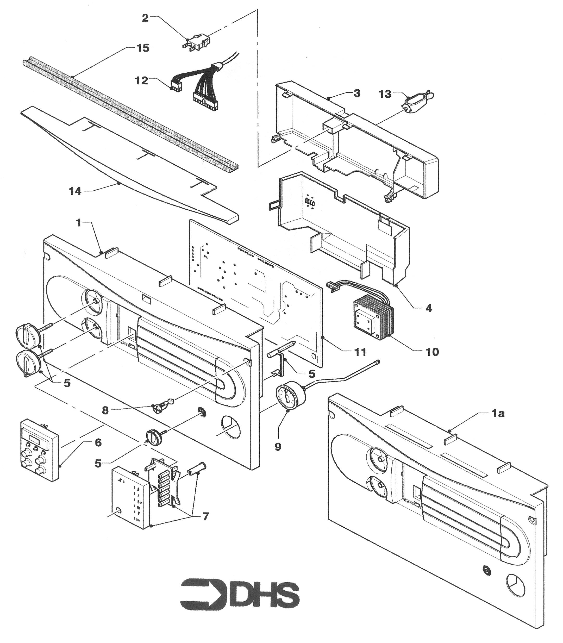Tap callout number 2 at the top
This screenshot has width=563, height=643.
pyautogui.click(x=145, y=18)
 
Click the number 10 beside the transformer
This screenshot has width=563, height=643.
pyautogui.click(x=432, y=352)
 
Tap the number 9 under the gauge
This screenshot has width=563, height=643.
pyautogui.click(x=278, y=447)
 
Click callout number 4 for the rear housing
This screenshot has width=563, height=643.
pyautogui.click(x=429, y=308)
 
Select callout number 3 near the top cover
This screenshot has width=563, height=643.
pyautogui.click(x=357, y=93)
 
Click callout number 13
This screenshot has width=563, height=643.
pyautogui.click(x=385, y=94)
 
